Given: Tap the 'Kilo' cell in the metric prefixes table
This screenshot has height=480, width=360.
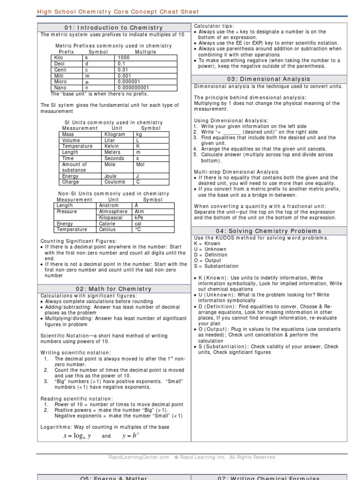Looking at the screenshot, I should coord(59,58).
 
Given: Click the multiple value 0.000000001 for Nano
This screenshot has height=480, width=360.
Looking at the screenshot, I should coord(133,88).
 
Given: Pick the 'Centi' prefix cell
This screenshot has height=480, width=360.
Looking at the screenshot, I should coord(60,70).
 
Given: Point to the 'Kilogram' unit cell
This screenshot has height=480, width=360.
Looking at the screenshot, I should coord(115,134).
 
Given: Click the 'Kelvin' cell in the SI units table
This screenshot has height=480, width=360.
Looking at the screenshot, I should coord(112,146).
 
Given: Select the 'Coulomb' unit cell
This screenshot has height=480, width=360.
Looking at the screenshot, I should coord(114,182).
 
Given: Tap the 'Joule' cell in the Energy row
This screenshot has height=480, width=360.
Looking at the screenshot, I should coord(111,176).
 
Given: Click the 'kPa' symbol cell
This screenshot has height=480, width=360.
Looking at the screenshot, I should coord(139,218).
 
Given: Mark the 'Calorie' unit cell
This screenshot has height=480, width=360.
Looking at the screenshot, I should coord(107,224).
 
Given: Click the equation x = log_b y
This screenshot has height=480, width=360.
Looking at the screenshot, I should coord(77,436).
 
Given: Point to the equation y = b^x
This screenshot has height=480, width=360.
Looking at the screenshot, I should coord(131,436).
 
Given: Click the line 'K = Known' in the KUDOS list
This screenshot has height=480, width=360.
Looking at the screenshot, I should coord(207,244).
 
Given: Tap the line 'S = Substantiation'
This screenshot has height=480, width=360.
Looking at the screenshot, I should coord(217,266).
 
